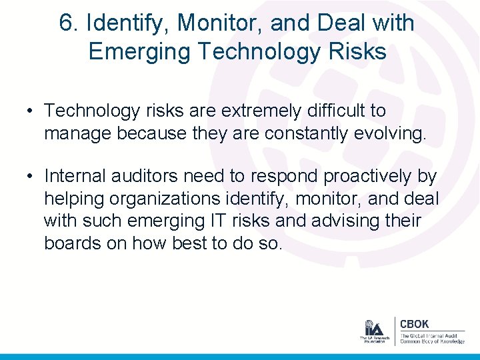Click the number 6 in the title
pyautogui.click(x=65, y=23)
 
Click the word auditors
pyautogui.click(x=148, y=176)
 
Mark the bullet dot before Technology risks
pyautogui.click(x=31, y=111)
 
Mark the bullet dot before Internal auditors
pyautogui.click(x=31, y=177)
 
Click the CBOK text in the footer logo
pyautogui.click(x=415, y=324)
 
